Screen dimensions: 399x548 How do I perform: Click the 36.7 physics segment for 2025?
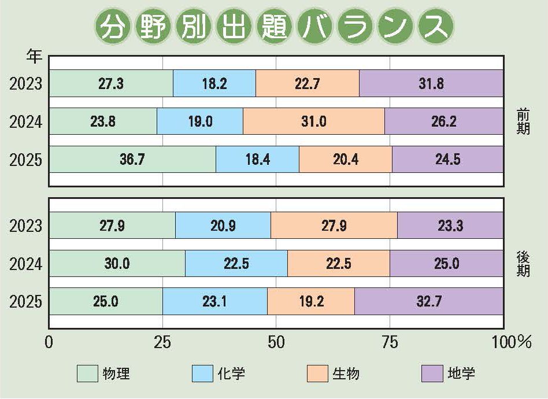132,159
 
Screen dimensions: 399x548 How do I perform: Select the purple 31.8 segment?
431,83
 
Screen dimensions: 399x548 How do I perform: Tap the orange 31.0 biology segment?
314,121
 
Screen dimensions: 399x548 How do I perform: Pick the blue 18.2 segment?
214,83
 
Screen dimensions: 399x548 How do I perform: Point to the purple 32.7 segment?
428,301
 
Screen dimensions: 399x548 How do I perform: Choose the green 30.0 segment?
117,264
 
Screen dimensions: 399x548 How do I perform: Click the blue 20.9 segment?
223,226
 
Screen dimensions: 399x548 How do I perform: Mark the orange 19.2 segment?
311,301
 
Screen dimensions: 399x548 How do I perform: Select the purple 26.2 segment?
444,121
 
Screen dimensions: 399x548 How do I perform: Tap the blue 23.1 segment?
215,301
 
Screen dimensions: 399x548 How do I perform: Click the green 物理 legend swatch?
87,374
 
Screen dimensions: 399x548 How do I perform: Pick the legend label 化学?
231,374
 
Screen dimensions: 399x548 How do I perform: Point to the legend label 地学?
461,374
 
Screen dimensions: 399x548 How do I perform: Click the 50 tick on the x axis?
276,342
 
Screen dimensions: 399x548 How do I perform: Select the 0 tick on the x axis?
50,342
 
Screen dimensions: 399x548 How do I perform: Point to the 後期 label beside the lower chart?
523,264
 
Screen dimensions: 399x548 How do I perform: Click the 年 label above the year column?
34,57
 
